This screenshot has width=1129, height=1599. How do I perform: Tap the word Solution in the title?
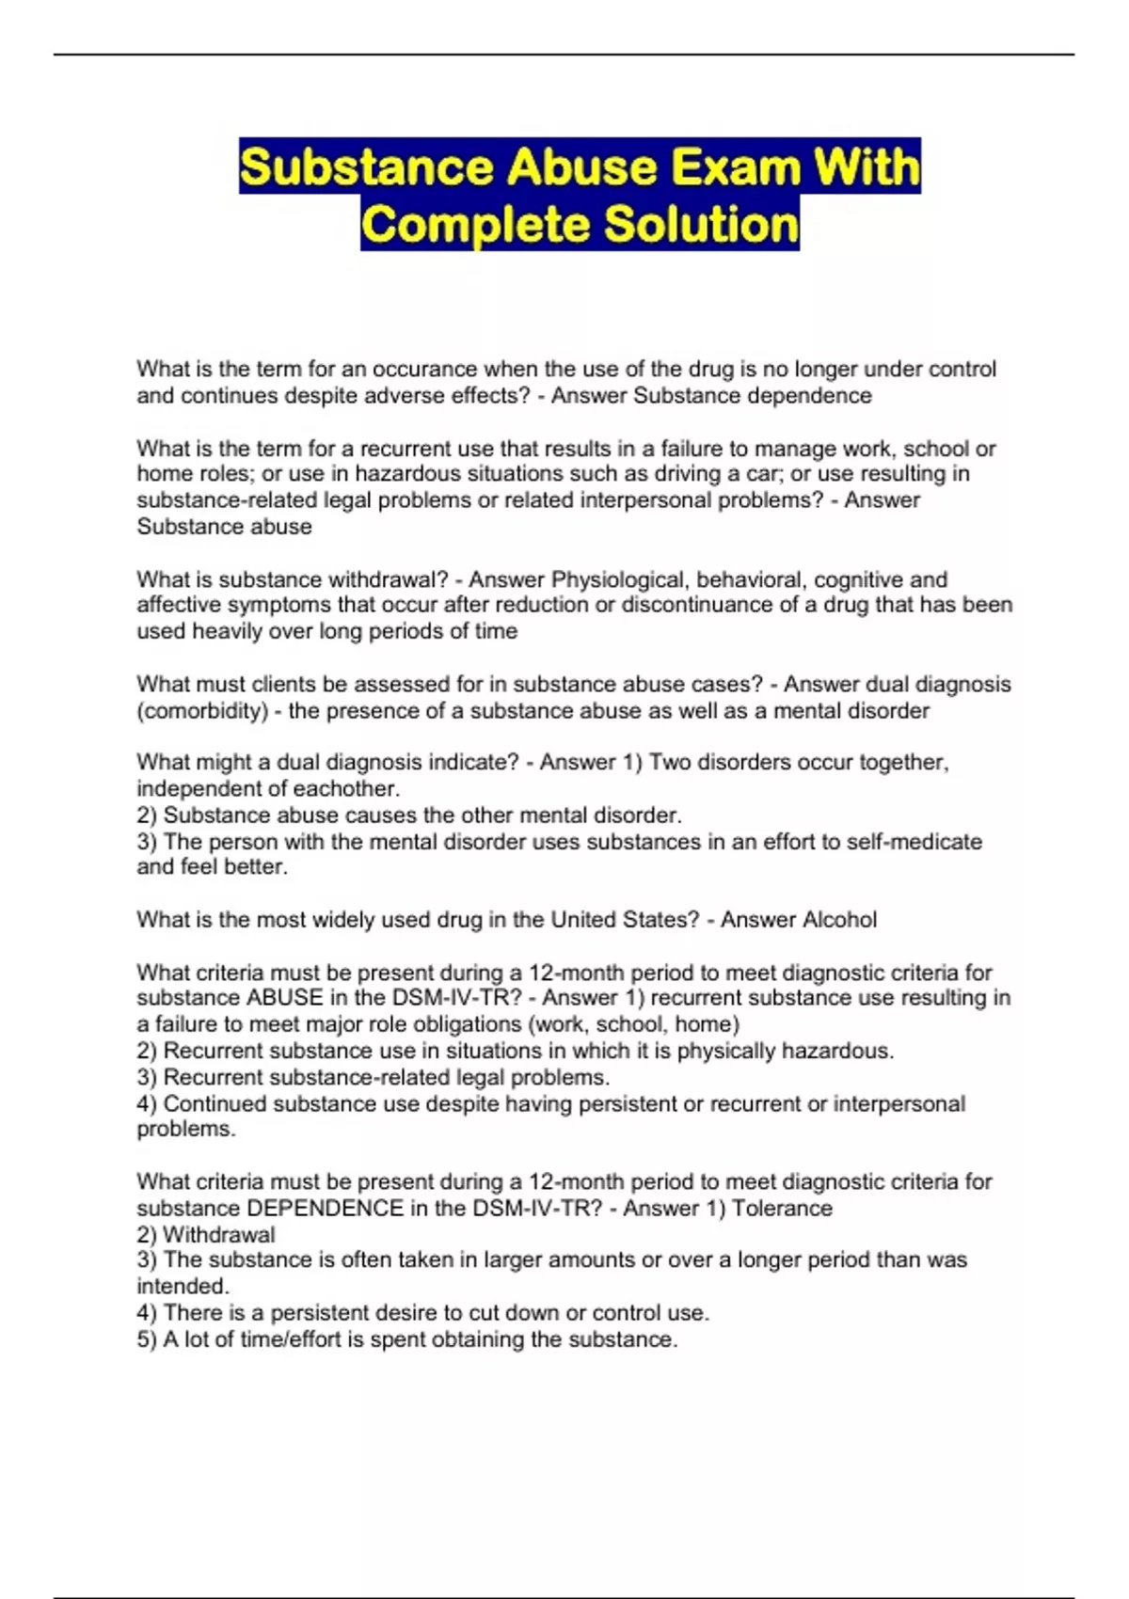tap(701, 225)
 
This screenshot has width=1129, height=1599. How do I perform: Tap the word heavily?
tap(228, 631)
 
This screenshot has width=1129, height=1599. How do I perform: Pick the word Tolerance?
tap(782, 1208)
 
